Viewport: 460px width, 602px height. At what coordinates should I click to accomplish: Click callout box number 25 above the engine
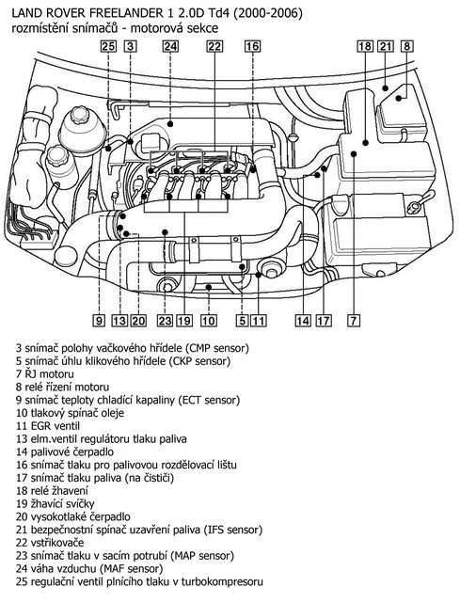coord(108,46)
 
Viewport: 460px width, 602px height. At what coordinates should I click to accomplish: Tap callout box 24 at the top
coord(169,46)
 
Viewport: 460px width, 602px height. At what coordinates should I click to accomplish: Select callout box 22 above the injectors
coord(215,46)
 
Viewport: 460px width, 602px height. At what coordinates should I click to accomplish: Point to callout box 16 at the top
coord(252,46)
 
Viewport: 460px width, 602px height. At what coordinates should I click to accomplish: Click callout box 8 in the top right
coord(405,46)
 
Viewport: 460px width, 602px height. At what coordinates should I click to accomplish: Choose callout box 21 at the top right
coord(386,46)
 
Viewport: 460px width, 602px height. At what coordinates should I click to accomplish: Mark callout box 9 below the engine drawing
coord(99,321)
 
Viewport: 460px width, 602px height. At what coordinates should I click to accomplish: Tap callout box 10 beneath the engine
coord(209,321)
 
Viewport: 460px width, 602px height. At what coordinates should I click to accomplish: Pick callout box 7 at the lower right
coord(353,321)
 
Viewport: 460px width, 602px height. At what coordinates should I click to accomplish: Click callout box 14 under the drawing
coord(302,321)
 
